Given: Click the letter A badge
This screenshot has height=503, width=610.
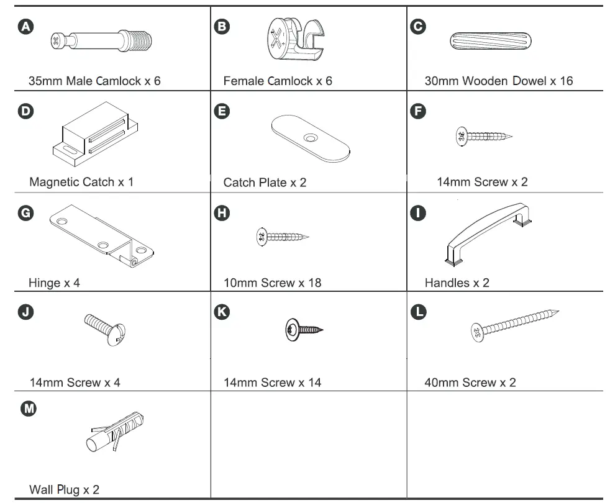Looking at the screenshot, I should [x=27, y=26].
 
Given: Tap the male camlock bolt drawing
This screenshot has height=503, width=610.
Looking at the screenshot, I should [x=103, y=42].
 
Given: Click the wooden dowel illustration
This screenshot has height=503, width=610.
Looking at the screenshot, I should [x=490, y=42].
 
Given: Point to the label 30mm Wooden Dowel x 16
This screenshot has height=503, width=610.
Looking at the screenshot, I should [x=498, y=81].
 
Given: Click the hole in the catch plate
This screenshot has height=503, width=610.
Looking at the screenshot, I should [x=309, y=135].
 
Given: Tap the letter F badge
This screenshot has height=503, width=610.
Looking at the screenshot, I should [x=419, y=111].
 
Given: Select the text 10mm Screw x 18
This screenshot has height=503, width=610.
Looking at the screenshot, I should [x=272, y=283].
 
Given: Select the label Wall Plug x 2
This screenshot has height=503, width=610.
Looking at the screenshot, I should [x=64, y=489].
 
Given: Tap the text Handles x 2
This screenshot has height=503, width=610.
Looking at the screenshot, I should [x=457, y=283].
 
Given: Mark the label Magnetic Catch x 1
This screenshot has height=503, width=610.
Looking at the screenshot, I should [x=81, y=182].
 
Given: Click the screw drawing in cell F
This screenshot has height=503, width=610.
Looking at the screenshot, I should [x=484, y=136].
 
